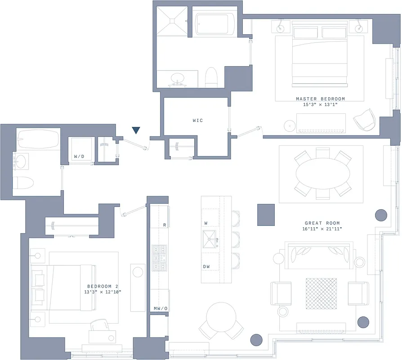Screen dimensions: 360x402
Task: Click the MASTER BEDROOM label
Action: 320,99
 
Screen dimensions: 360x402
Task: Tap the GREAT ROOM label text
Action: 322,223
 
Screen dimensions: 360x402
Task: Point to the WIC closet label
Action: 197,121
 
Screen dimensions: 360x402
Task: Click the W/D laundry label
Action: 79,157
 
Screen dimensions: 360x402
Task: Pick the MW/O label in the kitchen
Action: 160,309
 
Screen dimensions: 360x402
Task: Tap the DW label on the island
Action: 206,267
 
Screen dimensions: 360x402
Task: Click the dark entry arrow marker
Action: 136,130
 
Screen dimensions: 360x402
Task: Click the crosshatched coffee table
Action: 321,293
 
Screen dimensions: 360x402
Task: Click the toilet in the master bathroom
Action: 211,77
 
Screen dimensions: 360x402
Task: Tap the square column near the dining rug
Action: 266,215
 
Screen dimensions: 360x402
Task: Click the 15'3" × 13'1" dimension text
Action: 320,104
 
